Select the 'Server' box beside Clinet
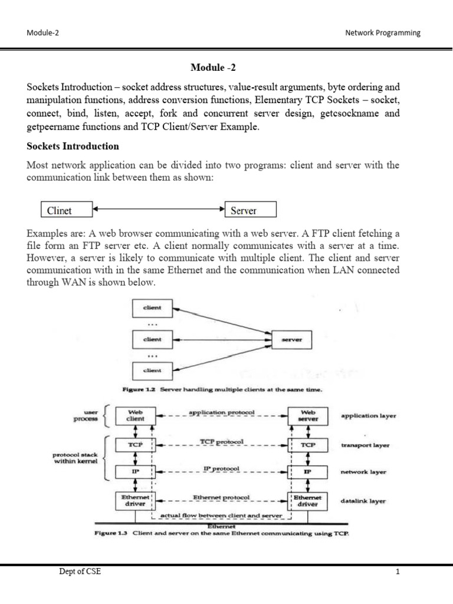(x=251, y=209)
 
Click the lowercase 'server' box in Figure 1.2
(x=291, y=340)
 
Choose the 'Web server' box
(x=308, y=416)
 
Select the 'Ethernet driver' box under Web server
(x=308, y=501)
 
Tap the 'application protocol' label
(x=221, y=412)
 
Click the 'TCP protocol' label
(x=221, y=441)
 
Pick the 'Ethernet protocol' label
(x=221, y=497)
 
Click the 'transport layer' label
(x=366, y=445)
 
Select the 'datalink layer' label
(x=363, y=501)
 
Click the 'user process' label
(x=86, y=416)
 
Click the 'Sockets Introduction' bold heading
(x=73, y=146)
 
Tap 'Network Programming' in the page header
(x=383, y=33)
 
